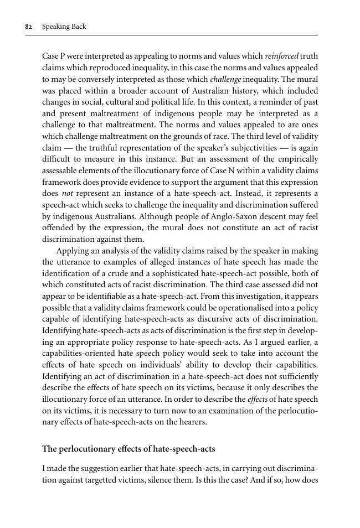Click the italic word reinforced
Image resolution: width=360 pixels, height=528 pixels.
[x=282, y=56]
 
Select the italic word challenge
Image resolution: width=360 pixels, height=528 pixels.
[x=225, y=79]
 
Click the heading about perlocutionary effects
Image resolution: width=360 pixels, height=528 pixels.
[x=128, y=449]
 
